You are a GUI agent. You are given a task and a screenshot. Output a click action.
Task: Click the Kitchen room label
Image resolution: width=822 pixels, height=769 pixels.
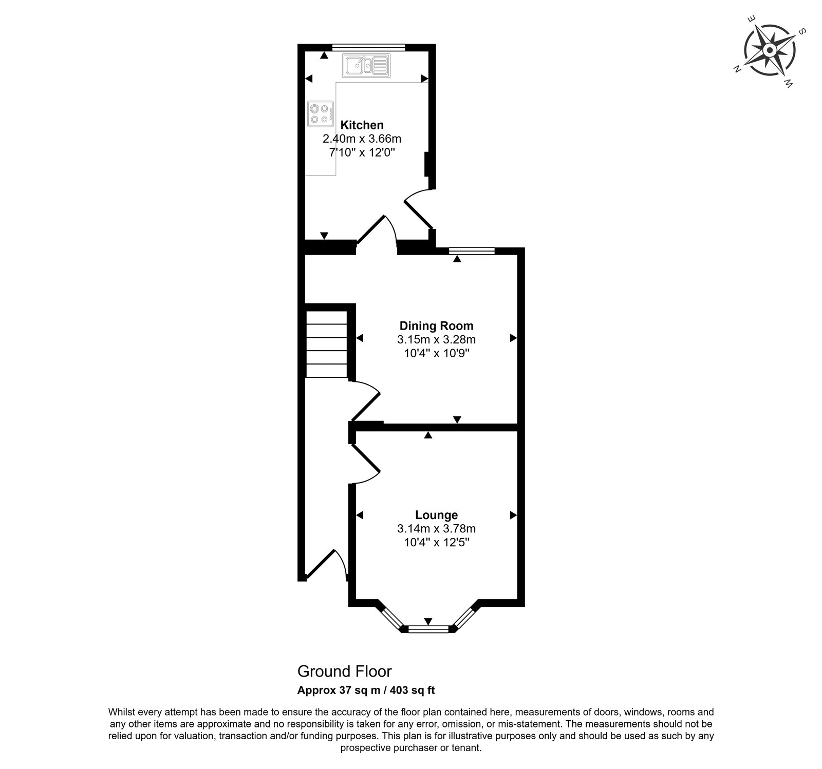(362, 125)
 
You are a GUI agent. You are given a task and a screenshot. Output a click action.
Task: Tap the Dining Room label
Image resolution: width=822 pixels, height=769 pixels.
(436, 325)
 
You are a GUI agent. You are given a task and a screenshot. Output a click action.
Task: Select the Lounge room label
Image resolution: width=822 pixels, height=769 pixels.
(436, 514)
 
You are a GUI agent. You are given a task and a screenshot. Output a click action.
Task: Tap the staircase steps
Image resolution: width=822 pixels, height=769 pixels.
(327, 344)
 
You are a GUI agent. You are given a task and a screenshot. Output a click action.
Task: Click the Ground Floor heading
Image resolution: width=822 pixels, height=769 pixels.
(345, 671)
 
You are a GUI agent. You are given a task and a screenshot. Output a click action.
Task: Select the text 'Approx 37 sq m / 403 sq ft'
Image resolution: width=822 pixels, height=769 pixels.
(366, 690)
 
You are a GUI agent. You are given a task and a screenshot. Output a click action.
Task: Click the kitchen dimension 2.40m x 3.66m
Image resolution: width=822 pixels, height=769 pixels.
(362, 139)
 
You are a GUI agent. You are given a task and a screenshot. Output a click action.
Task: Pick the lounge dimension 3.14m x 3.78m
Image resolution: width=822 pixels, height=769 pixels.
(436, 528)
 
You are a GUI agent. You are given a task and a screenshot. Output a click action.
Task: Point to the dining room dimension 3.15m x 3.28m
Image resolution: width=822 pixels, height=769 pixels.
(436, 339)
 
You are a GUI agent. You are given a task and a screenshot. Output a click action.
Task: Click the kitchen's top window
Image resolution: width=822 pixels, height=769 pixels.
(368, 47)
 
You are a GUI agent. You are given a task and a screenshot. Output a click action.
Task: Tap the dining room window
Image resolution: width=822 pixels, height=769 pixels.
(472, 251)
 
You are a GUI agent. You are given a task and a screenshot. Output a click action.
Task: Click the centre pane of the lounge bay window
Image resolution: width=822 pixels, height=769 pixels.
(428, 629)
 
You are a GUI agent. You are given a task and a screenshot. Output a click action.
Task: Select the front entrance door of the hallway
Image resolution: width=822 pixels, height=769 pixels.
(327, 565)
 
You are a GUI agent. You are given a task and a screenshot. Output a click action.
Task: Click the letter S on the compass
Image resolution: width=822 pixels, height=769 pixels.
(802, 32)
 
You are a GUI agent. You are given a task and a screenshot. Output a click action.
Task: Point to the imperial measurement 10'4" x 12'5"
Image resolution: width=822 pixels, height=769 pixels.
(436, 542)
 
